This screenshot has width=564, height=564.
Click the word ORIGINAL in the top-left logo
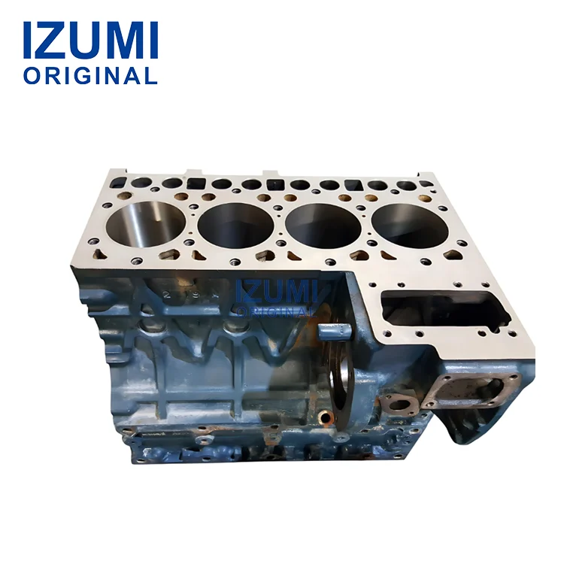click(90, 76)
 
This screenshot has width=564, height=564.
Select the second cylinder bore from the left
click(237, 223)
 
